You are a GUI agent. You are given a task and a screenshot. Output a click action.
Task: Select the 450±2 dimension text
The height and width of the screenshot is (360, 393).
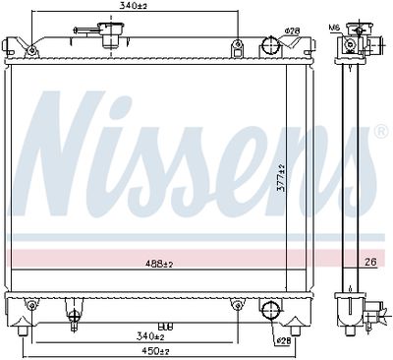152,350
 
